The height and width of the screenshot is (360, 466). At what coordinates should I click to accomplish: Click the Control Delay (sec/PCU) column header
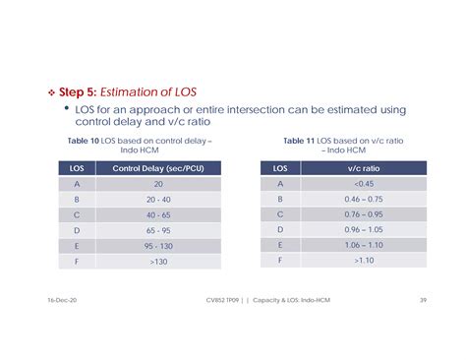pyautogui.click(x=158, y=168)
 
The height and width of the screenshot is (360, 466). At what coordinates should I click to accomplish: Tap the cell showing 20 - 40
pyautogui.click(x=158, y=199)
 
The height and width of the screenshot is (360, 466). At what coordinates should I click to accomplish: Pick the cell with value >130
pyautogui.click(x=158, y=261)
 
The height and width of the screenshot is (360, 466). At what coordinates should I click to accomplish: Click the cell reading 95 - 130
pyautogui.click(x=158, y=245)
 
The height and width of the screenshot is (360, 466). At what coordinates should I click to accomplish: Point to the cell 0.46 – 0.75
pyautogui.click(x=364, y=199)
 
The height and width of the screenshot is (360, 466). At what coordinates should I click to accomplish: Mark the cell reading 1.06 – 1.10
pyautogui.click(x=364, y=245)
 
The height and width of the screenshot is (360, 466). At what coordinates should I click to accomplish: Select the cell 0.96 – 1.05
pyautogui.click(x=364, y=229)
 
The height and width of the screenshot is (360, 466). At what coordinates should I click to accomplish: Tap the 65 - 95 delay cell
pyautogui.click(x=158, y=229)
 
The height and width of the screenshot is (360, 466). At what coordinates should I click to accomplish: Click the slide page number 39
pyautogui.click(x=422, y=299)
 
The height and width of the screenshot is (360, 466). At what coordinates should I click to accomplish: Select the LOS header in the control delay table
pyautogui.click(x=77, y=168)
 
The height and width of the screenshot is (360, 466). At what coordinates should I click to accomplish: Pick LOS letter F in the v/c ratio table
pyautogui.click(x=280, y=261)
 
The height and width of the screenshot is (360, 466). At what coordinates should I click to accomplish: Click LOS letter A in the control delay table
pyautogui.click(x=77, y=183)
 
